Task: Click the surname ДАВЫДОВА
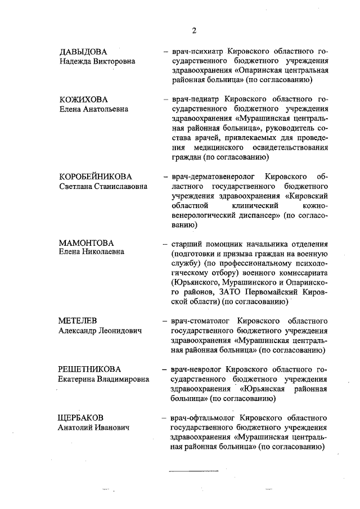pos(83,52)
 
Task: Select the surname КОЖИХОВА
pos(83,100)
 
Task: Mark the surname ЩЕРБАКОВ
pos(81,418)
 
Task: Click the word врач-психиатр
pos(197,52)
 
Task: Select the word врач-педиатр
pos(196,100)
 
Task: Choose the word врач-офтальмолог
pos(204,418)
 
